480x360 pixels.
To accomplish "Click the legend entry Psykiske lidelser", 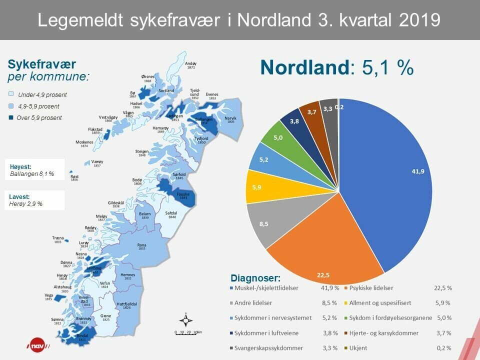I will point(371,288).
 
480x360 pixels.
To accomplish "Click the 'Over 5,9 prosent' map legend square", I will point(11,117).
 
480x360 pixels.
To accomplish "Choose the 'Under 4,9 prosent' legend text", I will point(42,95).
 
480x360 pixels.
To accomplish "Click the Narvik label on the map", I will point(230,119).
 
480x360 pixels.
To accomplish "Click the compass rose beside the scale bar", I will point(186,320).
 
